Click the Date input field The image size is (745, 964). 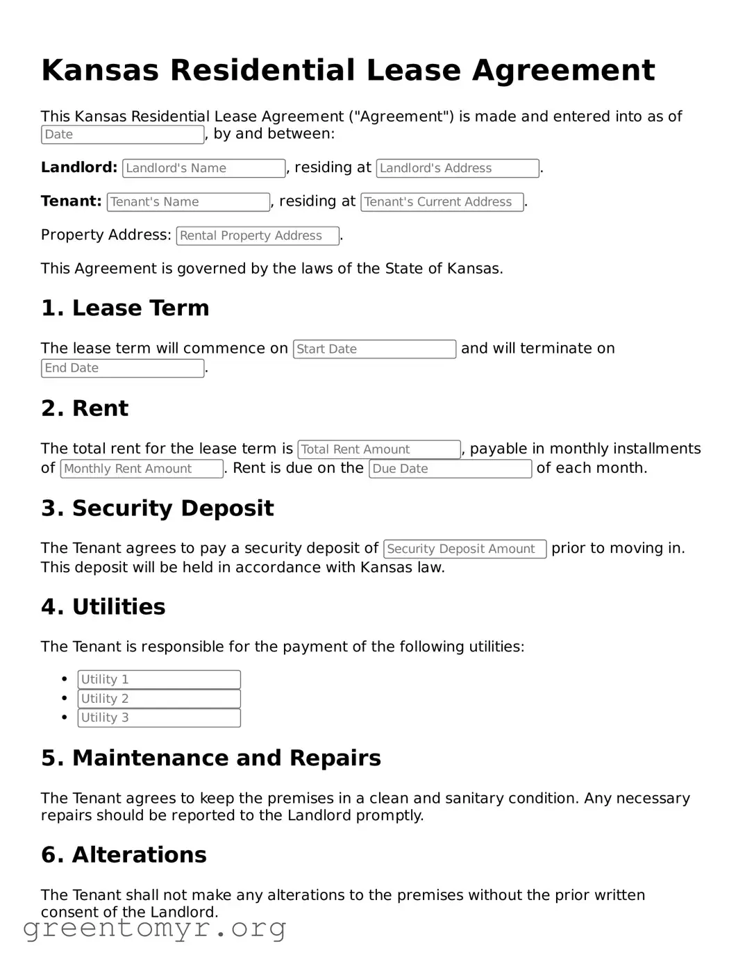[122, 135]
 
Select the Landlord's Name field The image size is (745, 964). [203, 168]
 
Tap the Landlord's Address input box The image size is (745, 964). [458, 168]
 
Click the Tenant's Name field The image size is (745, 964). [188, 202]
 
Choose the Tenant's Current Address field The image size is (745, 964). [442, 202]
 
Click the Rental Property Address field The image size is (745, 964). [258, 236]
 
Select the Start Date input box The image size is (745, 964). [374, 349]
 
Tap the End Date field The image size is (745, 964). [122, 368]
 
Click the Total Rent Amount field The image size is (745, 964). [379, 449]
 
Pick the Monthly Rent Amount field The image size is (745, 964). [142, 469]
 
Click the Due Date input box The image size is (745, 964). [450, 469]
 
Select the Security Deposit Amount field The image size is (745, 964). [464, 549]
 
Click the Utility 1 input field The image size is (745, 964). [159, 679]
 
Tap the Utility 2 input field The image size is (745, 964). [159, 699]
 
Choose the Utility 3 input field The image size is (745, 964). [159, 717]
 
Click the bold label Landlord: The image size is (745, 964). [79, 167]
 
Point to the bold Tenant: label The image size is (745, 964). [72, 201]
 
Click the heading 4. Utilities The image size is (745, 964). [103, 607]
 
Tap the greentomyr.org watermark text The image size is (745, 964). [155, 928]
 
